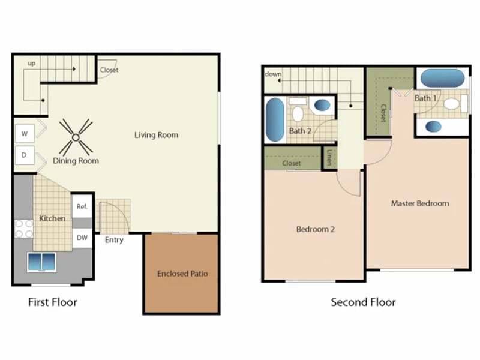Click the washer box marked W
point(25,133)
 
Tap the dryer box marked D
point(25,155)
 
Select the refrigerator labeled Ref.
point(82,206)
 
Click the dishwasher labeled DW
point(82,238)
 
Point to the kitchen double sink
point(41,262)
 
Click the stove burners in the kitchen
point(24,229)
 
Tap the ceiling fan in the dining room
point(76,137)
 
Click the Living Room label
point(156,135)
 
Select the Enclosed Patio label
point(182,274)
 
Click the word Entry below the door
point(114,240)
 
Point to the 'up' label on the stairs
point(32,64)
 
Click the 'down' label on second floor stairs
point(273,74)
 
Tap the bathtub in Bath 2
point(275,119)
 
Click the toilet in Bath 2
point(298,110)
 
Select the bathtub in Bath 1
point(443,78)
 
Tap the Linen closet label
point(329,157)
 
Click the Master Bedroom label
point(420,203)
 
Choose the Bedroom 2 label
point(316,229)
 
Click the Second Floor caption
point(363,302)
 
